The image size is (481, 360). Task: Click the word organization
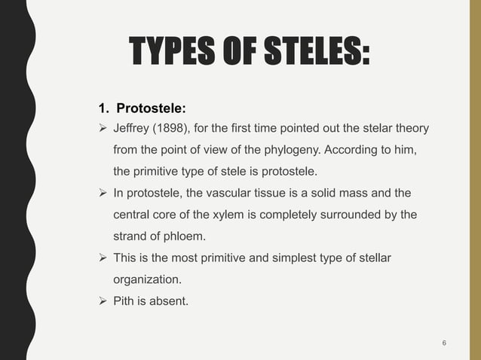[x=146, y=279]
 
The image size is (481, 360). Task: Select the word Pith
[x=124, y=302]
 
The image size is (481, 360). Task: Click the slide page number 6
[x=444, y=343]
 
